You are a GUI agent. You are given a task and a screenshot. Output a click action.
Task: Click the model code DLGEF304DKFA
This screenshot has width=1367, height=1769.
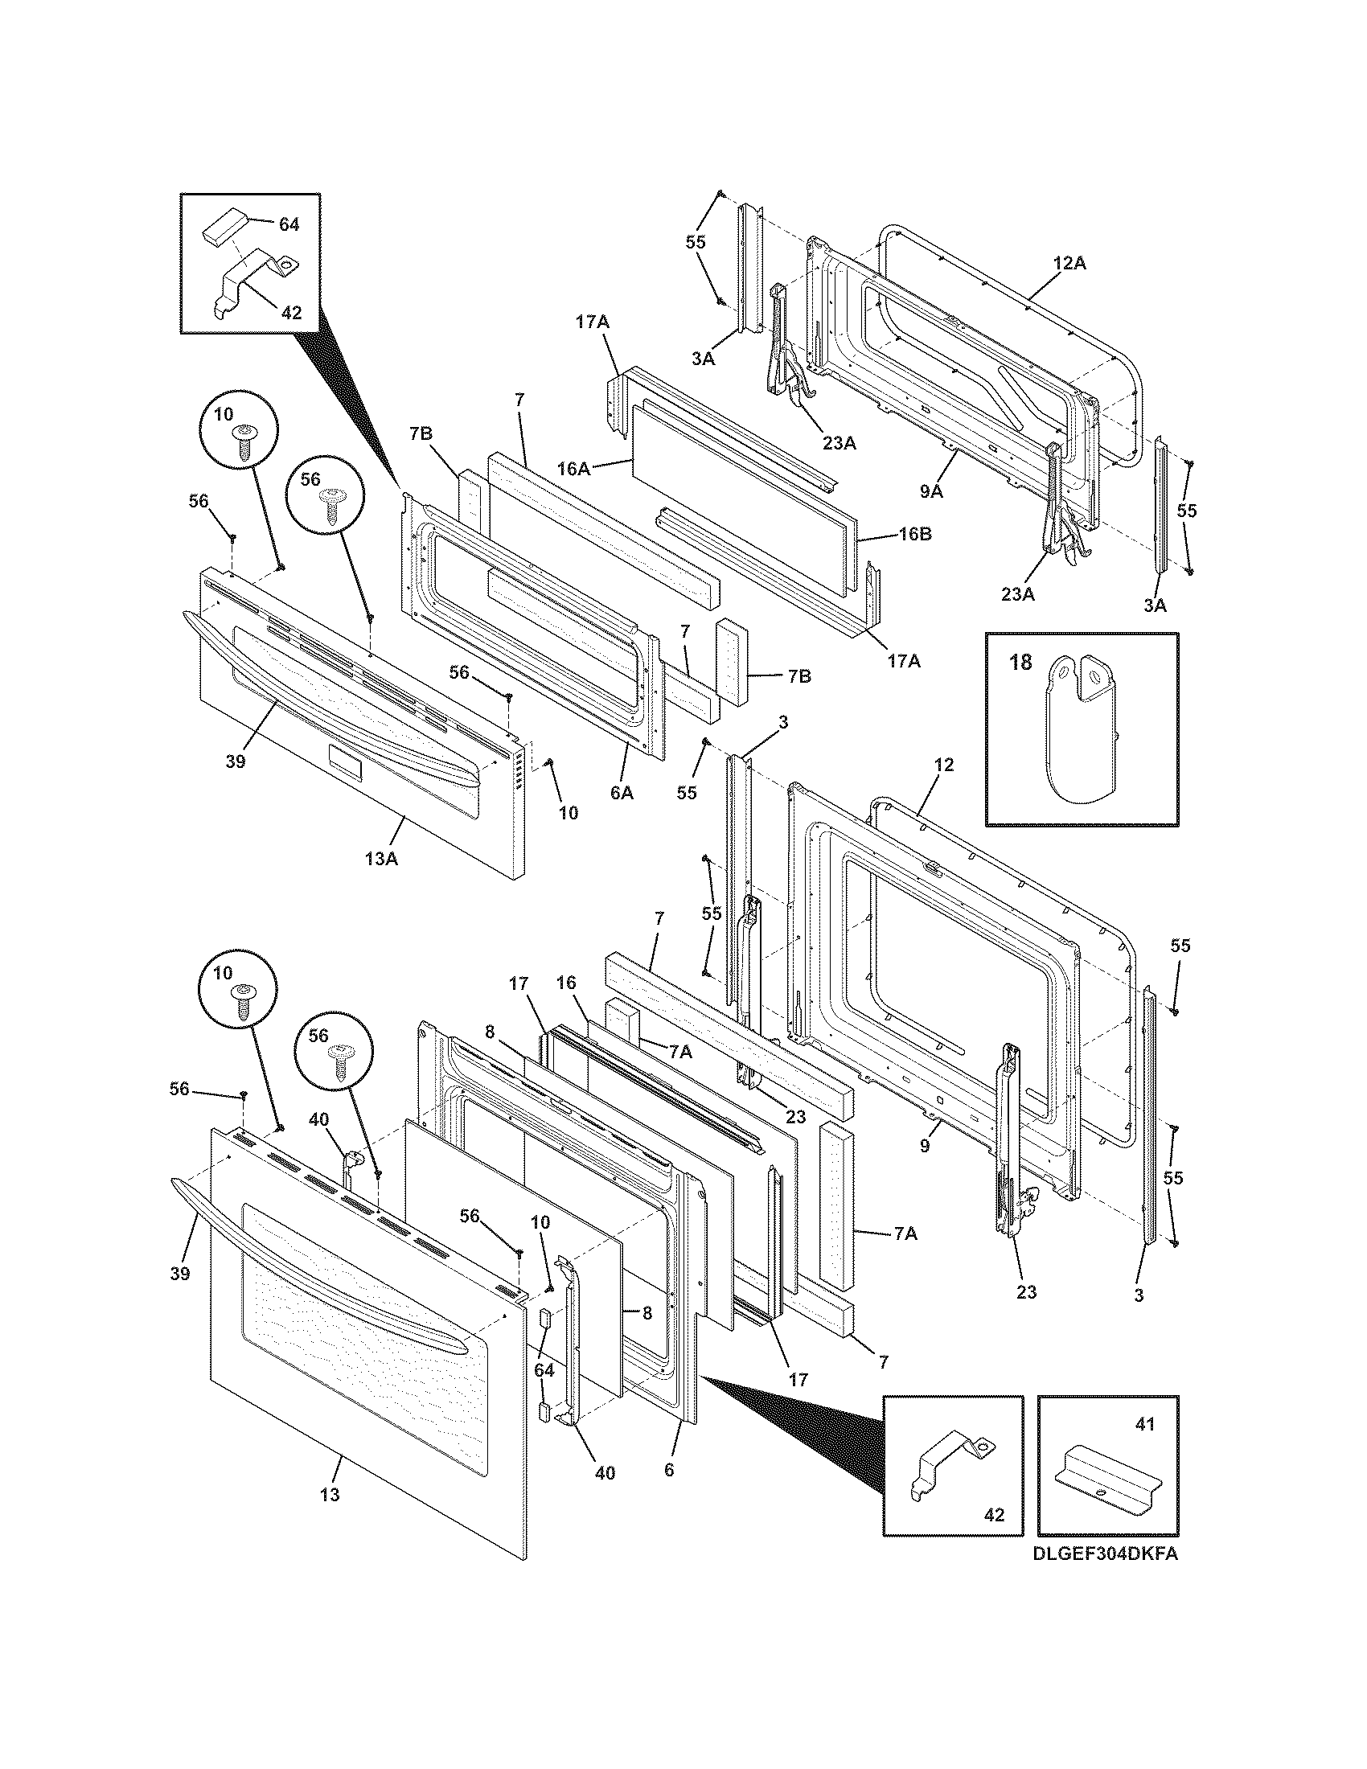tap(1105, 1554)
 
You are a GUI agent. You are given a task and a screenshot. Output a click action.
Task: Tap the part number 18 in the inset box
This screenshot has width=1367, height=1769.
tap(1021, 662)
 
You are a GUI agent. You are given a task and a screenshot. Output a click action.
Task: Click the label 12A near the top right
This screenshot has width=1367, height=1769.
tap(1069, 263)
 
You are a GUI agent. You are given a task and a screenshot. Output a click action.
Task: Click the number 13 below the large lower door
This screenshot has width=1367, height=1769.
tap(329, 1495)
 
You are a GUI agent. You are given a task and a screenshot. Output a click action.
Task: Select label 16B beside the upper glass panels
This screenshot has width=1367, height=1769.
tap(914, 536)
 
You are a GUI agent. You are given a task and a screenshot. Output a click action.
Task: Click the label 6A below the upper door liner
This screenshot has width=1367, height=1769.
tap(621, 794)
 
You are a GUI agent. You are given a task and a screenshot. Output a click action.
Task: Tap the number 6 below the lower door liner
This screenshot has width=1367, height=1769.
tap(668, 1469)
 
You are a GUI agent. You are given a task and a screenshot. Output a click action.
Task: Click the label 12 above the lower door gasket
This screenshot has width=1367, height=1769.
tap(943, 765)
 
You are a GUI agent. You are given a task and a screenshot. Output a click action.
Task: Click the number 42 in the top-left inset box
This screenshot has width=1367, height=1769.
tap(291, 312)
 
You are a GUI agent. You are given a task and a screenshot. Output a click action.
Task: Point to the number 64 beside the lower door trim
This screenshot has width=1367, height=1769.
tap(544, 1369)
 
